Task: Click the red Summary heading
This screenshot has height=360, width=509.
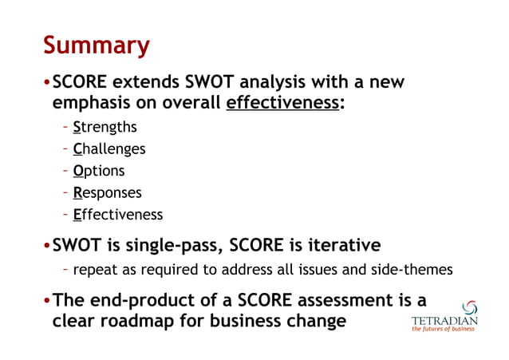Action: click(97, 45)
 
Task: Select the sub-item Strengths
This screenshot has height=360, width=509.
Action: click(105, 127)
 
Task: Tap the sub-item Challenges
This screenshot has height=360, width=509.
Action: click(109, 148)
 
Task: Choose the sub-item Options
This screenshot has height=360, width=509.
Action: click(99, 171)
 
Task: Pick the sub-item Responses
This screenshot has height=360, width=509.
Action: click(107, 192)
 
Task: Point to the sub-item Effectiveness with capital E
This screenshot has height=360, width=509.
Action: click(117, 215)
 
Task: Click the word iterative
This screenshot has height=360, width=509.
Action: click(341, 244)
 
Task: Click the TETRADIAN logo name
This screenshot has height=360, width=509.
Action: click(444, 322)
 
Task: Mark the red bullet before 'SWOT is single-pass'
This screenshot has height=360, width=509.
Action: click(47, 244)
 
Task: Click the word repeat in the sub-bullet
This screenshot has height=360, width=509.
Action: click(93, 271)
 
